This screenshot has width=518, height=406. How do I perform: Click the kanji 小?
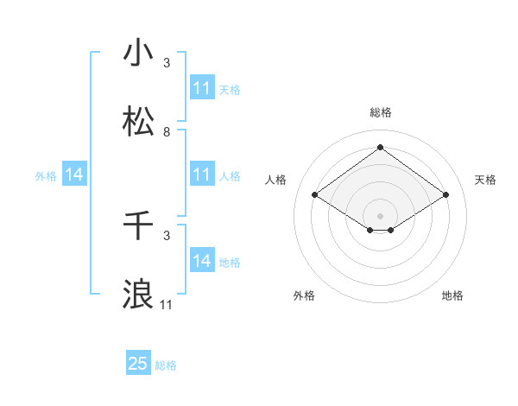[x=138, y=53]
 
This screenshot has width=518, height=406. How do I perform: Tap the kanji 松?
[x=138, y=122]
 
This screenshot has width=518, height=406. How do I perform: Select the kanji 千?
[x=138, y=225]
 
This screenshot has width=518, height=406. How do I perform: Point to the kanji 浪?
[x=138, y=294]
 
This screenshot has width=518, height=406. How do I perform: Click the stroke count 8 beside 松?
[x=167, y=132]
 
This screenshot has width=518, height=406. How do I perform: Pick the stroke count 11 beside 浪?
[x=167, y=304]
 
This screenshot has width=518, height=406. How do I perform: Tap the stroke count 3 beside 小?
[x=167, y=63]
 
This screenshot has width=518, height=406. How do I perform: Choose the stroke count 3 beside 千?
[x=167, y=235]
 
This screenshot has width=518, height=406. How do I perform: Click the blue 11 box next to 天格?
[x=201, y=88]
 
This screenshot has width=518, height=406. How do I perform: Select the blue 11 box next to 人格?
[x=201, y=174]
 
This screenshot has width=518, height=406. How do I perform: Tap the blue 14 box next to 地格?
[x=201, y=261]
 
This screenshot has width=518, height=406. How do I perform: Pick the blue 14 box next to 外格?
[x=74, y=174]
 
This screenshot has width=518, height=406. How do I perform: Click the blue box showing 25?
[x=137, y=364]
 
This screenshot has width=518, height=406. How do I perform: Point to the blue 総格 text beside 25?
[x=166, y=365]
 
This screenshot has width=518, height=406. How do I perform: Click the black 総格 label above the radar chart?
[x=380, y=112]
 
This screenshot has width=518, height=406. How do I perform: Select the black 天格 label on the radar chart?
[x=485, y=180]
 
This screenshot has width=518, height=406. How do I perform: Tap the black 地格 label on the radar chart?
[x=452, y=295]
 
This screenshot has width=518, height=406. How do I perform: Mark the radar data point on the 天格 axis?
[x=445, y=195]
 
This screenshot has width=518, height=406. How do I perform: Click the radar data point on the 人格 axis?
[x=315, y=195]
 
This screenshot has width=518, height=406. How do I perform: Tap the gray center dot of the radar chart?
[x=380, y=214]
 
